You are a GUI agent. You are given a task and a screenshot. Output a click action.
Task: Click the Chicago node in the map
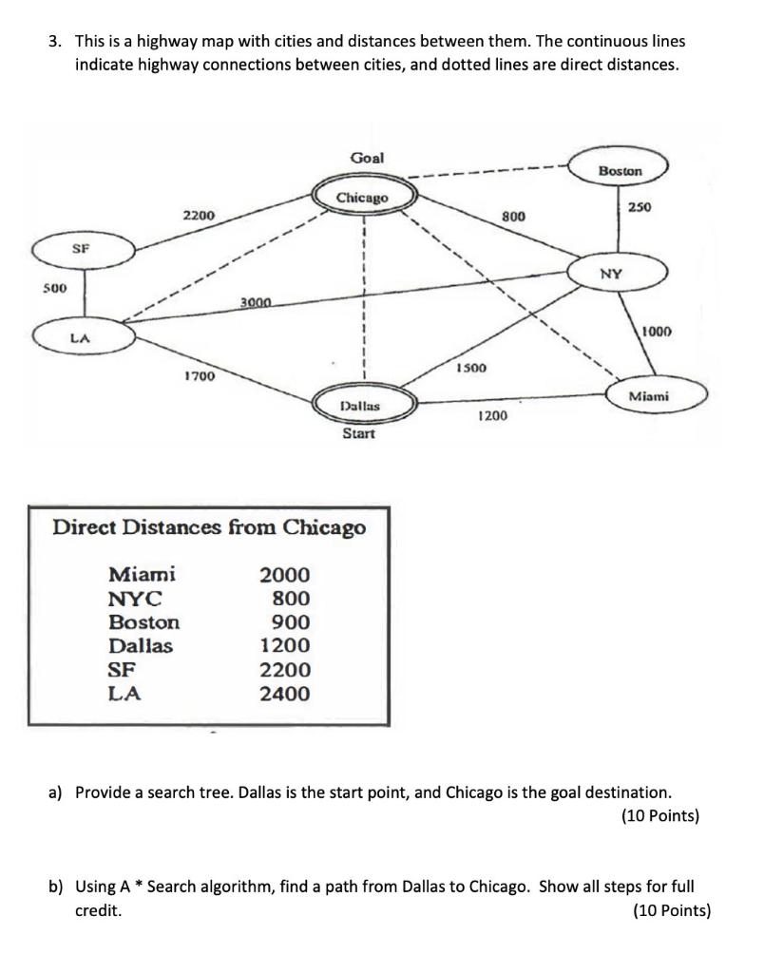point(363,198)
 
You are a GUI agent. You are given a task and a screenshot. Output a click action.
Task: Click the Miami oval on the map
point(658,396)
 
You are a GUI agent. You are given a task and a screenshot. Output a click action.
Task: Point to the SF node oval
point(84,250)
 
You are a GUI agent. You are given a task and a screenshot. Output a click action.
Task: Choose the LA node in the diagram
point(84,337)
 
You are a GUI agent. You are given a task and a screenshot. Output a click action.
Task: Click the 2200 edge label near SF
point(199,216)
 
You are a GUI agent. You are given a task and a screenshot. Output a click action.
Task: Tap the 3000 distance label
point(257,302)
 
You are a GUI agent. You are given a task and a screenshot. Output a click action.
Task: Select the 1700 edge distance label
point(200,376)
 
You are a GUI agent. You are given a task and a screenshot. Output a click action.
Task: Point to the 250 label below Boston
point(640,207)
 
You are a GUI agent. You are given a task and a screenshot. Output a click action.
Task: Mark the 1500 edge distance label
point(471,368)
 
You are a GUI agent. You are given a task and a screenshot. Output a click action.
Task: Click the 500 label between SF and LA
point(54,288)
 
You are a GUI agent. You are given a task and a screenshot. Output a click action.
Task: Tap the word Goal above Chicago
point(368,158)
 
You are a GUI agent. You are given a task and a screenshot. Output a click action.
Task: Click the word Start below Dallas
point(359,433)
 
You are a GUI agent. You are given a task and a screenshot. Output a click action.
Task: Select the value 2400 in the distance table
point(285,693)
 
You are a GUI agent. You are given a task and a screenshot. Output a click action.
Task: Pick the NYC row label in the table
point(135,599)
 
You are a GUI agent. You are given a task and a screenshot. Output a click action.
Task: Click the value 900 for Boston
point(291,621)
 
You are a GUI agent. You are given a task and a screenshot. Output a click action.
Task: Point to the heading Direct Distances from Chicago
point(209,526)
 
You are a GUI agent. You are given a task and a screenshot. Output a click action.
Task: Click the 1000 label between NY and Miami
point(656,332)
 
